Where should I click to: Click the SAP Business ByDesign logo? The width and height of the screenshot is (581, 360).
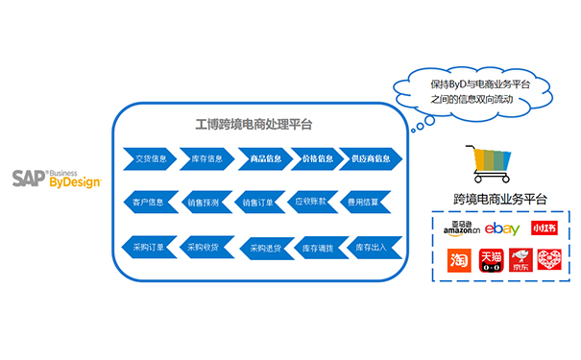[x=56, y=178]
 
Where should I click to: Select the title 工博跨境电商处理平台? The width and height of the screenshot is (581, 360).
[x=254, y=125]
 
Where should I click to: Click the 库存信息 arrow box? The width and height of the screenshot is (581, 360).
[x=206, y=158]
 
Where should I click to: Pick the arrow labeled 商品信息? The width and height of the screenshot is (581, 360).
[x=264, y=158]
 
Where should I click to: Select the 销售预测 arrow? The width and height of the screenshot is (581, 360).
[x=203, y=203]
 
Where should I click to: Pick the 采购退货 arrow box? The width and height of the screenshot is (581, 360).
[x=265, y=248]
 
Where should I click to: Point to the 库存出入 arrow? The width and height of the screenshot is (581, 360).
[x=371, y=248]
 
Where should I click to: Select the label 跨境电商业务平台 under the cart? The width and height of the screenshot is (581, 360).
[x=499, y=199]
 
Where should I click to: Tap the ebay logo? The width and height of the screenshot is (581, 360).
[x=501, y=228]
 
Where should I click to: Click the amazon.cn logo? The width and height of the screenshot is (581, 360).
[x=461, y=229]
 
